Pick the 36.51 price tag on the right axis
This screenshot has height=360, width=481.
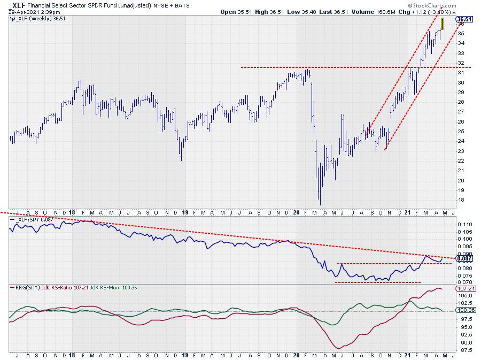(464, 19)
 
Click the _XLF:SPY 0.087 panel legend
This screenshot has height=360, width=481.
(30, 219)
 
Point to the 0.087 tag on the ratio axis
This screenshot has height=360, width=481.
(464, 258)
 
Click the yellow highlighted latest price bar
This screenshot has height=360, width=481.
(443, 25)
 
